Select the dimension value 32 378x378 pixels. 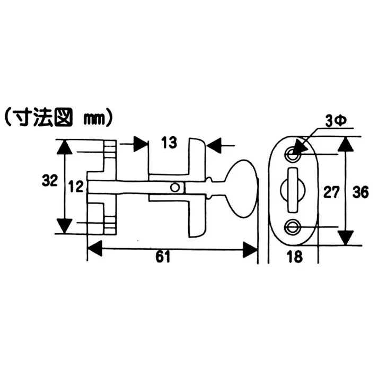[49, 181]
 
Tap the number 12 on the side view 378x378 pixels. [76, 187]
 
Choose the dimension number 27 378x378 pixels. [331, 192]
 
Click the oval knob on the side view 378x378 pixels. [240, 188]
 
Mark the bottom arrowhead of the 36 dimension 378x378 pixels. [346, 236]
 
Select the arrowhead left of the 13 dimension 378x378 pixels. [139, 144]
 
